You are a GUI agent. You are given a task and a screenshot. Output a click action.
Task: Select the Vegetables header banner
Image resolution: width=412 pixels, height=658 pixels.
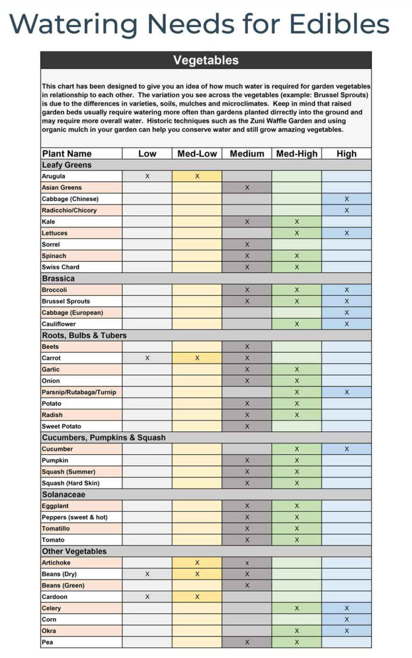click(206, 60)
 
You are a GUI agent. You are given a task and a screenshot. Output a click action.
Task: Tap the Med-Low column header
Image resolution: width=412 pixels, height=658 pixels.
click(197, 154)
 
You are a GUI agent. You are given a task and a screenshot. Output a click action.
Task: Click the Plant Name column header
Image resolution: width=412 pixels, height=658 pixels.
click(67, 154)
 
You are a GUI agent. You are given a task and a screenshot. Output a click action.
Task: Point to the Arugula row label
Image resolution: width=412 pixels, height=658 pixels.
click(54, 176)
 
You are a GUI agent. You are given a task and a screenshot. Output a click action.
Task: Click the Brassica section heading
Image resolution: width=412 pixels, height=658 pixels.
click(58, 278)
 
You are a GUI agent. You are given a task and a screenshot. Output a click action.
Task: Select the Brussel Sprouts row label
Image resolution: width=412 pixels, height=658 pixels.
click(66, 301)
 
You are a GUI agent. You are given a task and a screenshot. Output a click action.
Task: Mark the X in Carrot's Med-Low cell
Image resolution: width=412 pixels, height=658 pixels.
click(197, 358)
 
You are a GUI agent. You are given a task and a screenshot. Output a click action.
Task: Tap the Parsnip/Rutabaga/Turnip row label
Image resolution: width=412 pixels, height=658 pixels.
click(79, 392)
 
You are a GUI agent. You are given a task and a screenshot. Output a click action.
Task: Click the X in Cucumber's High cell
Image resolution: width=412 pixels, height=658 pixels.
click(347, 449)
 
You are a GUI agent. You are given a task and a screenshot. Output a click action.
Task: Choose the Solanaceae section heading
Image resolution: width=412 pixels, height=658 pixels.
click(63, 494)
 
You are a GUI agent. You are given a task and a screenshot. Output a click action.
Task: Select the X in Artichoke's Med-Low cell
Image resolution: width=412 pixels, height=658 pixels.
click(197, 563)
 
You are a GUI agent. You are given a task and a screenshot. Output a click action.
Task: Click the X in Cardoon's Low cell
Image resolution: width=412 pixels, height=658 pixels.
click(147, 597)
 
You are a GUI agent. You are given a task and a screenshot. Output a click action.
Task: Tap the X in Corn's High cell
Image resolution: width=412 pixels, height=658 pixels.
click(347, 619)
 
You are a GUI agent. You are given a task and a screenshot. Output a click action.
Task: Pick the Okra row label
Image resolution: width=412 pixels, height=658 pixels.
click(49, 631)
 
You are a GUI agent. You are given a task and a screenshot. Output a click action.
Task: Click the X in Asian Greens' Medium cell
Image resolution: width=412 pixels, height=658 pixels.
click(247, 188)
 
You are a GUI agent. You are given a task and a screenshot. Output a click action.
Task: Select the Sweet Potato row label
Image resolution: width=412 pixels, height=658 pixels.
click(61, 426)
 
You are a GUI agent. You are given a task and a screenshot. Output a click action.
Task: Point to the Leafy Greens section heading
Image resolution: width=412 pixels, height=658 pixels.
click(67, 165)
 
